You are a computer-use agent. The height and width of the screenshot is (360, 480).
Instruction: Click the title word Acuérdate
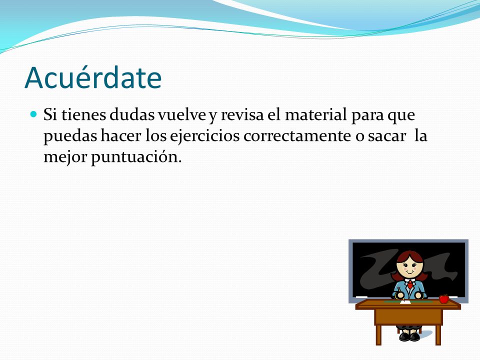pyautogui.click(x=93, y=78)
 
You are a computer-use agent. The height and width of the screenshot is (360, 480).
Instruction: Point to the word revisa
pyautogui.click(x=242, y=115)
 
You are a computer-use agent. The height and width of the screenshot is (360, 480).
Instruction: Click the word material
pyautogui.click(x=316, y=115)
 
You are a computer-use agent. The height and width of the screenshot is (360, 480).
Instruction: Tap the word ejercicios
pyautogui.click(x=205, y=136)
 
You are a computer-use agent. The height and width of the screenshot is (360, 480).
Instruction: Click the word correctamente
pyautogui.click(x=297, y=136)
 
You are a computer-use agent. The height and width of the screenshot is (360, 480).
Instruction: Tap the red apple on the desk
pyautogui.click(x=444, y=298)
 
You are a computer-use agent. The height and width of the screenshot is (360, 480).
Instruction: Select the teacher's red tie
pyautogui.click(x=410, y=284)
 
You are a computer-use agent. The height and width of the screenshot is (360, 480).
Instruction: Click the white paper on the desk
pyautogui.click(x=405, y=302)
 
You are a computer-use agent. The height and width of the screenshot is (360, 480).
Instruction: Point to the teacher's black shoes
pyautogui.click(x=409, y=336)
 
